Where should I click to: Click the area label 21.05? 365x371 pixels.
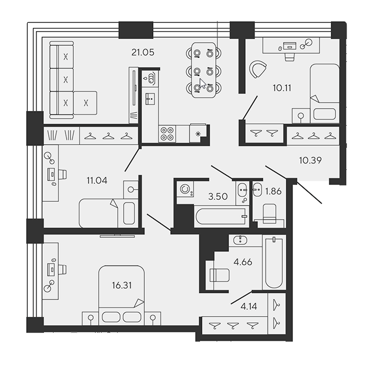coord(143,52)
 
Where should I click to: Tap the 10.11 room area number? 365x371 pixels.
coord(282,88)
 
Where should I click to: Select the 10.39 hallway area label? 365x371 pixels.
coord(310,161)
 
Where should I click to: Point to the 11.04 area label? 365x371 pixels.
coord(97,181)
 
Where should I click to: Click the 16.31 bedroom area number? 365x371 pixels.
coord(121,286)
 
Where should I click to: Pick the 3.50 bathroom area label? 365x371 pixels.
coord(218,196)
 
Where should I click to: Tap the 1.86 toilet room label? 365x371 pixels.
coord(273,191)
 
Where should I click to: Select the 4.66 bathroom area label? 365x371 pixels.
coord(243,262)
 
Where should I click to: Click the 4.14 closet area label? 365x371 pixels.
coord(249,307)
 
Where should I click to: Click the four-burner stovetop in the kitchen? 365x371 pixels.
coord(167,134)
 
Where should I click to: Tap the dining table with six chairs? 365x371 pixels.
coord(204,70)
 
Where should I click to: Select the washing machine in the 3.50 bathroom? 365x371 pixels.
coord(185,189)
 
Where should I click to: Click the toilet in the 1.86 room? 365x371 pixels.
coord(270,214)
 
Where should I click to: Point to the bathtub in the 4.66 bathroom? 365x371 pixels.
coord(274,262)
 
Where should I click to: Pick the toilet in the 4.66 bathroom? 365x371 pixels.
coord(220,275)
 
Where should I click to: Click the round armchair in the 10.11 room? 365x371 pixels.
coord(258,69)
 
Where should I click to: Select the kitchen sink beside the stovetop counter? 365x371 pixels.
coord(150,99)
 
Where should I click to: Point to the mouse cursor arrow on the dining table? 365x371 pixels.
coord(202,84)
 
